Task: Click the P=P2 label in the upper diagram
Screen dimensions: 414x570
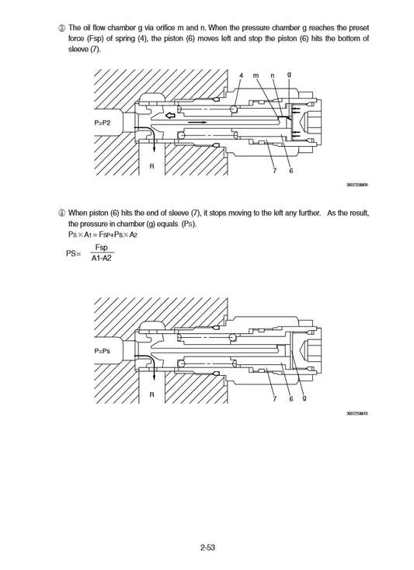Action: pos(102,123)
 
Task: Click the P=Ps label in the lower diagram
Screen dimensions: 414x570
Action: pos(102,351)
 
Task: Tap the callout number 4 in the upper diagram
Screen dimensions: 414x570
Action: pos(242,75)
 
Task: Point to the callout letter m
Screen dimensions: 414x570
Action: pos(256,75)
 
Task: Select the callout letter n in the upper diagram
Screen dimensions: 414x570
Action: pos(273,75)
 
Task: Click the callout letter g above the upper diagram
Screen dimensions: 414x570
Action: pos(289,75)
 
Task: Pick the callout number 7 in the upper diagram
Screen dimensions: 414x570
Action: pos(275,171)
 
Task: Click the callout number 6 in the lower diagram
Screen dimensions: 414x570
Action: pos(291,399)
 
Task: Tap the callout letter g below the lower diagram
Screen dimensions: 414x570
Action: pos(304,398)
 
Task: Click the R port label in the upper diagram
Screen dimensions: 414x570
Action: pos(152,166)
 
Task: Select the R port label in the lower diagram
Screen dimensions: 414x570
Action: pos(152,394)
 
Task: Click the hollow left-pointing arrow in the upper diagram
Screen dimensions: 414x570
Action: pos(170,116)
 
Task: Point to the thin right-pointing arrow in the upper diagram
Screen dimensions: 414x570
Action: pos(197,123)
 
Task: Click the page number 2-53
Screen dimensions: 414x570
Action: pos(207,547)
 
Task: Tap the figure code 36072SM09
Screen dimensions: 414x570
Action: pos(357,185)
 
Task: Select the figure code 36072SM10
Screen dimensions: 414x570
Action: pos(357,413)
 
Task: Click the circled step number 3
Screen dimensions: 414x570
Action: pos(61,28)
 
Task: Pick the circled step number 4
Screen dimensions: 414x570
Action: pos(61,213)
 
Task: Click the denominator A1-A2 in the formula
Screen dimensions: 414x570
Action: pos(102,259)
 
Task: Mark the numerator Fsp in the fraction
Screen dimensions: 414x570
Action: pos(102,248)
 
